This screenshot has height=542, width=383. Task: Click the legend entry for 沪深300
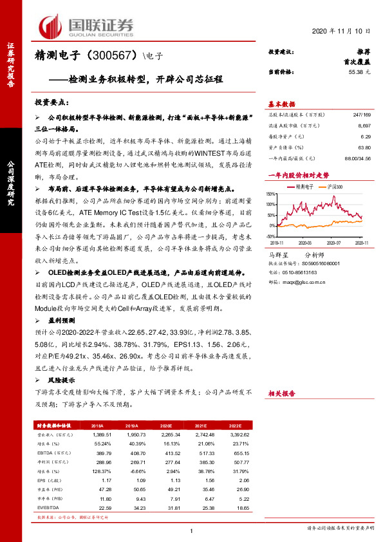point(333,186)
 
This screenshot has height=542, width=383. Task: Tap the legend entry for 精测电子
point(303,186)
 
